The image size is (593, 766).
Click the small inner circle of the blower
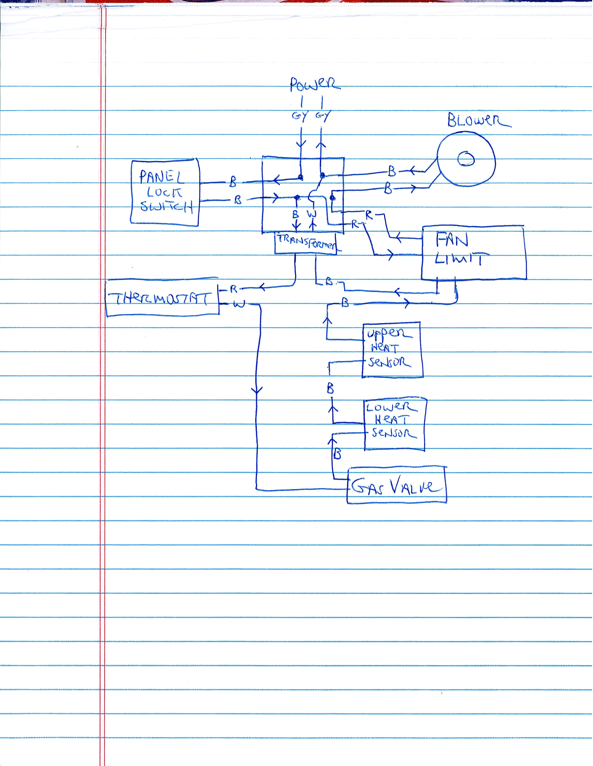[x=466, y=159]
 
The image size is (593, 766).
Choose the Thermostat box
[x=162, y=299]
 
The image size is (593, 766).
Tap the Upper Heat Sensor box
[x=392, y=349]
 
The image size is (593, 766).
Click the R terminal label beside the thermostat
[x=233, y=289]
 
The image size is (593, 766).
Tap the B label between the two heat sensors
[x=330, y=389]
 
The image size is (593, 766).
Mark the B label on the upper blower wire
[x=392, y=171]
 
